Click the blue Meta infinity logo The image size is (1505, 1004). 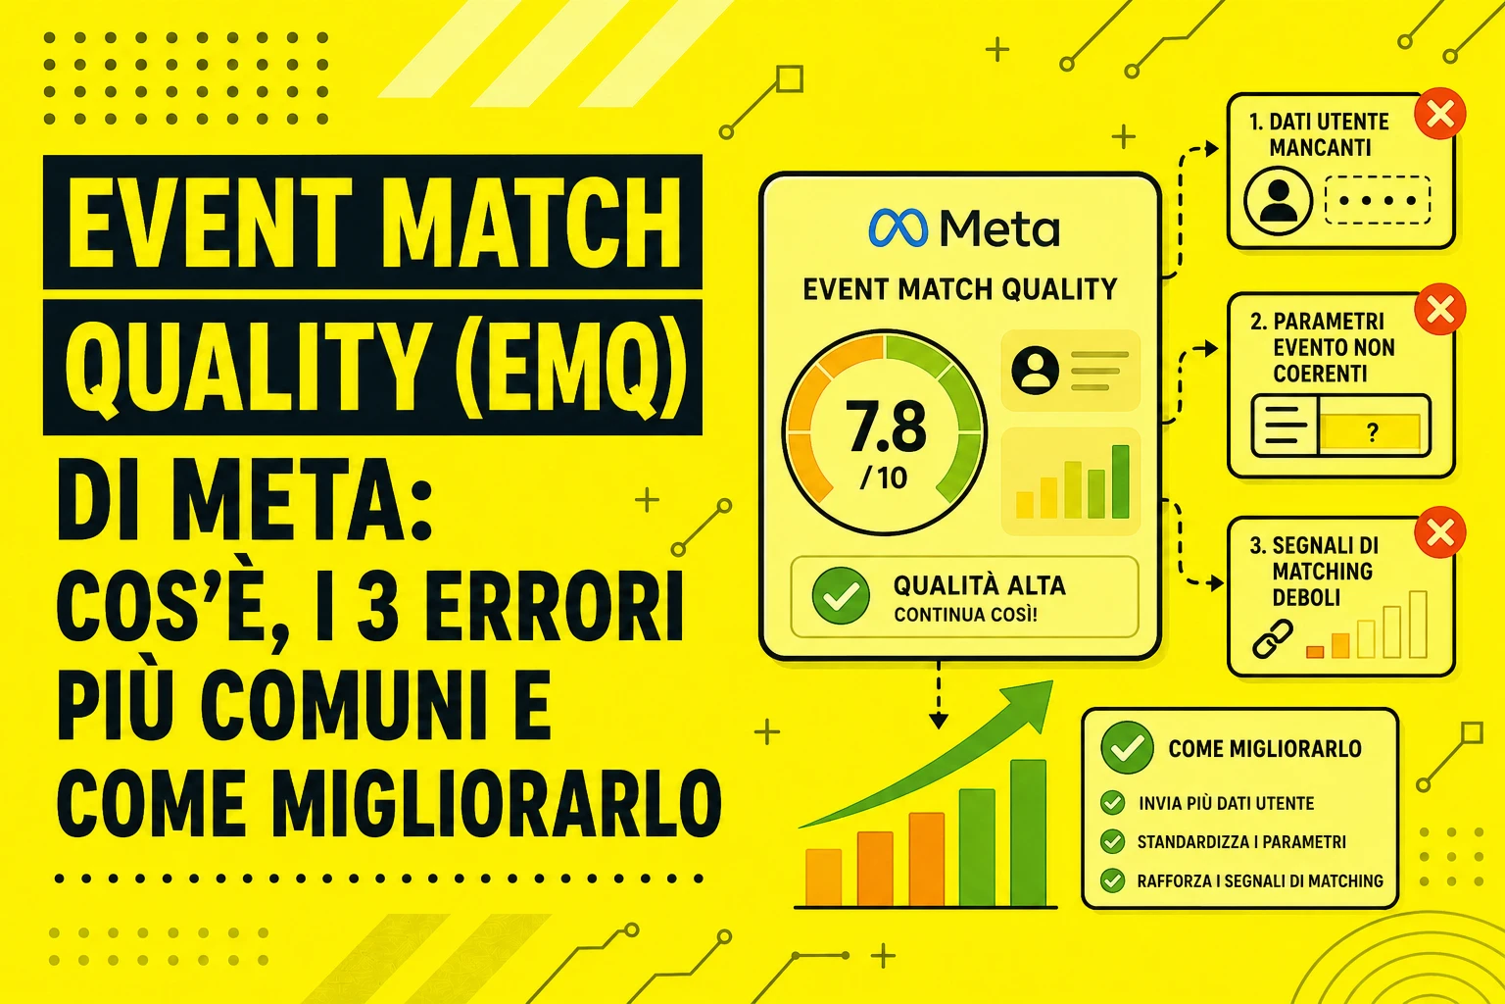898,227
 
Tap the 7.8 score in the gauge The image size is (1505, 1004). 886,427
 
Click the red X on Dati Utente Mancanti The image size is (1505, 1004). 1439,114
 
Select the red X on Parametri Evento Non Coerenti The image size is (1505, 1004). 1439,309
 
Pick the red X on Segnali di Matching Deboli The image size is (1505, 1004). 1439,532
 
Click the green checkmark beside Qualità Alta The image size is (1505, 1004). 841,596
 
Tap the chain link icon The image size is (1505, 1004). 1273,638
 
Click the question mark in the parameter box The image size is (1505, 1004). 1373,431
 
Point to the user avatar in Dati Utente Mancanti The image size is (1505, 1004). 1278,200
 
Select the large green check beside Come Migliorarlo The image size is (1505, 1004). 1128,748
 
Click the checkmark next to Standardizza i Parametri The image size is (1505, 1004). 1113,841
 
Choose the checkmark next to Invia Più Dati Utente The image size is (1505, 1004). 1113,802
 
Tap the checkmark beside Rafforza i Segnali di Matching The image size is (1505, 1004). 1113,880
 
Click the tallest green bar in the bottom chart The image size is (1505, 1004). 1029,832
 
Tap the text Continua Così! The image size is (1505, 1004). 965,615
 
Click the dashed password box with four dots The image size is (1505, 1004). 1378,200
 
